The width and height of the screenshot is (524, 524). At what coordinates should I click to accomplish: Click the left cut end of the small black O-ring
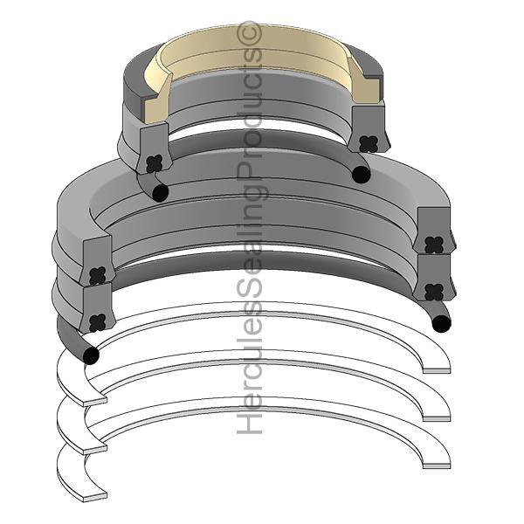(159, 192)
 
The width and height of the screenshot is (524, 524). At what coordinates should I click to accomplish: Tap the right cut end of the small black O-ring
(361, 175)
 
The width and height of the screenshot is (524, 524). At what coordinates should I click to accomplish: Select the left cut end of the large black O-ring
(89, 355)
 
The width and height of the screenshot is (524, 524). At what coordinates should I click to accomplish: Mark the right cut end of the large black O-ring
(442, 324)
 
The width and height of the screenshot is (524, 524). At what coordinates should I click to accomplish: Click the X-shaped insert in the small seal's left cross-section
(155, 162)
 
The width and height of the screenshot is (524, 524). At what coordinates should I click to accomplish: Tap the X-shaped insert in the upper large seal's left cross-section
(97, 273)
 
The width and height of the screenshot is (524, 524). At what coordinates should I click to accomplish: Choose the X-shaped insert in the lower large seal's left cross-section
(97, 321)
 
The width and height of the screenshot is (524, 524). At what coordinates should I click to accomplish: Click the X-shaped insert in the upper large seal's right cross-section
(433, 245)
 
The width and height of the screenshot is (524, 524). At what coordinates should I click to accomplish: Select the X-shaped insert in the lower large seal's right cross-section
(433, 291)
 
